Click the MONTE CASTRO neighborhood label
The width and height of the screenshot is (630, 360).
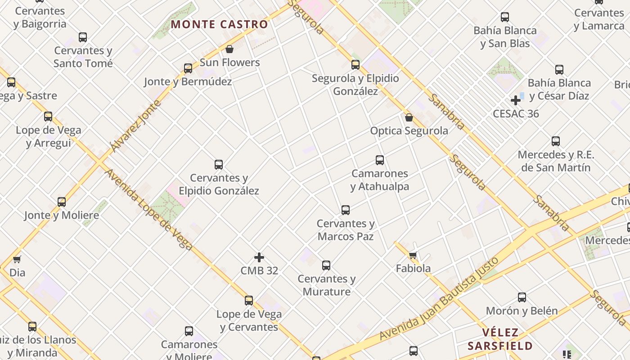[220, 24]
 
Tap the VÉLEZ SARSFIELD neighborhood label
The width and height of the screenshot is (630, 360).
[500, 339]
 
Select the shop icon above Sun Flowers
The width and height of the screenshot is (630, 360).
[229, 49]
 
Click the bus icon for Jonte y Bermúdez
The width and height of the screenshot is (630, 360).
[188, 68]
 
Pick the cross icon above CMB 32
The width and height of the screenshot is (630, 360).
[259, 257]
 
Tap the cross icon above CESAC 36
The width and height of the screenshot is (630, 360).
[516, 100]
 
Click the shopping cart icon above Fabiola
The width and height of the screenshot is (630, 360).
[413, 255]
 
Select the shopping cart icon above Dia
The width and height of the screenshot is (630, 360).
[17, 259]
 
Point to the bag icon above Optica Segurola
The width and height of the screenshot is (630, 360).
[409, 117]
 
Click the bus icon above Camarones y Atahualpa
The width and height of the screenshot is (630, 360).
[380, 160]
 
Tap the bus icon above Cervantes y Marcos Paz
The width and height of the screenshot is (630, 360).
[346, 210]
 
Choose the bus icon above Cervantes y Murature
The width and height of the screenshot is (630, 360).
[326, 265]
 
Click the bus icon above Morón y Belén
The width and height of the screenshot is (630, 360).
[522, 297]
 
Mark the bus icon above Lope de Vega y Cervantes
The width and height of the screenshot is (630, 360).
[249, 301]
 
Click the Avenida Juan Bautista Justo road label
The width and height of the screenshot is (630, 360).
[439, 299]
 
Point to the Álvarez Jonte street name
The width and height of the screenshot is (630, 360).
[135, 126]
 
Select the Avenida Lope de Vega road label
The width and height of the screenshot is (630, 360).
[149, 210]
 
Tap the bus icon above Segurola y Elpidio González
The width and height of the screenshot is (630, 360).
[355, 65]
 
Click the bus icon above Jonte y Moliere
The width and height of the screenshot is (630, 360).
[62, 202]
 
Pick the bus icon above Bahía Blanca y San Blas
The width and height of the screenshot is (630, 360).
[505, 18]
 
